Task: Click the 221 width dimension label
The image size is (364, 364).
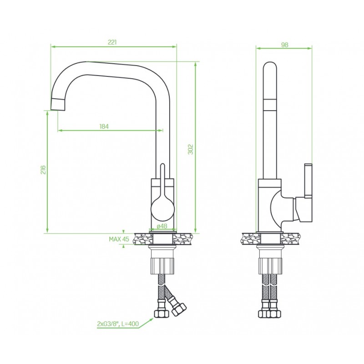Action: (x=112, y=42)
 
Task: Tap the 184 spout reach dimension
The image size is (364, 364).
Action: (x=104, y=126)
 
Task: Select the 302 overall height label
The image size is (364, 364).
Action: (x=190, y=150)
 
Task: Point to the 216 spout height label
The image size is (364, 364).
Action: (x=43, y=170)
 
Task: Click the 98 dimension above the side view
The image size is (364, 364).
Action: (x=285, y=45)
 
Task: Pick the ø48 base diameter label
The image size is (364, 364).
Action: (x=162, y=226)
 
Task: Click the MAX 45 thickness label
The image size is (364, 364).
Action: (x=119, y=239)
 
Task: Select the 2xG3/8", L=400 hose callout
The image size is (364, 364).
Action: (x=118, y=324)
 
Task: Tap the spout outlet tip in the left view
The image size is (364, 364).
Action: (x=58, y=104)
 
